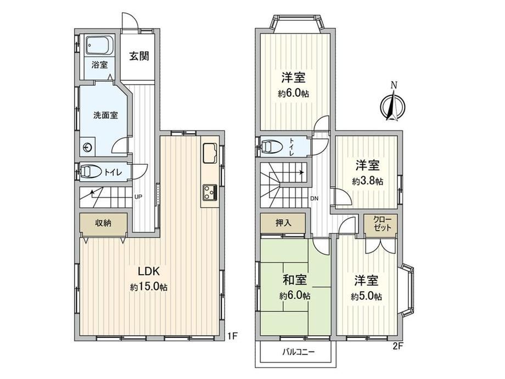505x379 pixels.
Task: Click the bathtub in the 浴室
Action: (99, 46)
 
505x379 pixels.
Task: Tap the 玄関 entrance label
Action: (139, 56)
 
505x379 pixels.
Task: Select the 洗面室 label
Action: (105, 115)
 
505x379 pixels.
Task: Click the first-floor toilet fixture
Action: (89, 171)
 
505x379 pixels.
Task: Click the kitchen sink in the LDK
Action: (210, 153)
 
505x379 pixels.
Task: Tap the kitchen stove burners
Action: (210, 193)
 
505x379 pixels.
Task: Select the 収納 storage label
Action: (103, 222)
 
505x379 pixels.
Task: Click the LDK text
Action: (149, 271)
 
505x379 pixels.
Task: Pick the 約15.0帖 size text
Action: (149, 287)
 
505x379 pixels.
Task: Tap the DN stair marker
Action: (315, 198)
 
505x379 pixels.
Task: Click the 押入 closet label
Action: (283, 222)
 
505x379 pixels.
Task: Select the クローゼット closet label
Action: (382, 224)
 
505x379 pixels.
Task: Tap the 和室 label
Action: (294, 280)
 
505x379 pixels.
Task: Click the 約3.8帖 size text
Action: (367, 181)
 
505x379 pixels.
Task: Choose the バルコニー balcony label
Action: (299, 352)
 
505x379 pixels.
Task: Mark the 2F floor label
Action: (398, 346)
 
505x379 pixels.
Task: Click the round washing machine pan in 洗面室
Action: (88, 148)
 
